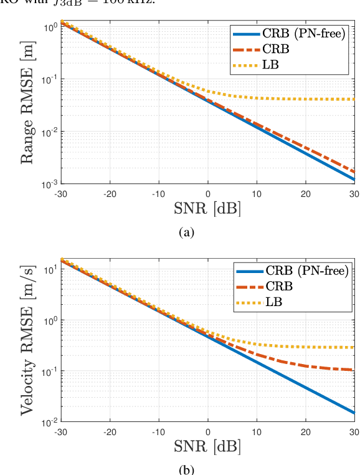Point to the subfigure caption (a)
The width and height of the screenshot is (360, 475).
187,233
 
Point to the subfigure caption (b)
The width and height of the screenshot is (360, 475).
187,469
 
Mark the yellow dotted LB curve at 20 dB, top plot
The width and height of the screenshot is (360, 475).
305,98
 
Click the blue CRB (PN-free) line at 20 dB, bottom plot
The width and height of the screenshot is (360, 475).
305,387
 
